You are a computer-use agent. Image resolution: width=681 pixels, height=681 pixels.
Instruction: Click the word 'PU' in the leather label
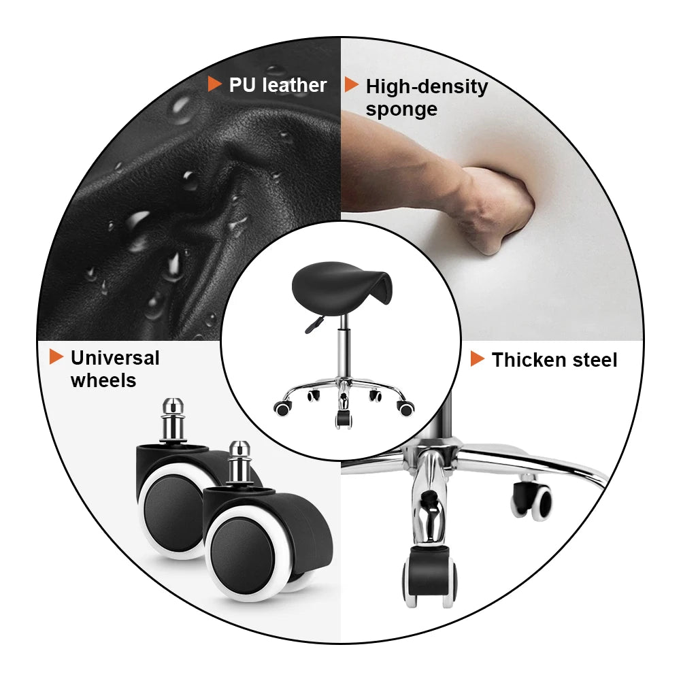(242, 85)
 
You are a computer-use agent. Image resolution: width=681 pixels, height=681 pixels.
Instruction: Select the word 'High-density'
(427, 87)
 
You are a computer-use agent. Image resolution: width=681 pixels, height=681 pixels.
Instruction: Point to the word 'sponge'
(401, 110)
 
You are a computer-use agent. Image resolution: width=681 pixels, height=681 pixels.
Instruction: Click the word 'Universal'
(115, 358)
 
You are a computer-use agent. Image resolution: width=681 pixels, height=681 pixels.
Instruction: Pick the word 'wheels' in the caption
(103, 380)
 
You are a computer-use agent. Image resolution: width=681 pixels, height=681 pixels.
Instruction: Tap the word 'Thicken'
(529, 360)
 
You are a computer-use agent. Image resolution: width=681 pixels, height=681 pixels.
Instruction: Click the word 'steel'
(594, 360)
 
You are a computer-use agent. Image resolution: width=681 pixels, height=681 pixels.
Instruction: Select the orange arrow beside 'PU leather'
(214, 84)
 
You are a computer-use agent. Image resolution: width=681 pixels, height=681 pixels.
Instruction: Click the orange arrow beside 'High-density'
(351, 85)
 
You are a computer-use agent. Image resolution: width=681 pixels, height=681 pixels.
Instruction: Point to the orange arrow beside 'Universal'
(56, 356)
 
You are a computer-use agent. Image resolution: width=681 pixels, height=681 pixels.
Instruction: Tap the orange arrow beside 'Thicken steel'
(478, 359)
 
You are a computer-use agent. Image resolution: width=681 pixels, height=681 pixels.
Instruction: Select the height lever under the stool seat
(314, 325)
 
